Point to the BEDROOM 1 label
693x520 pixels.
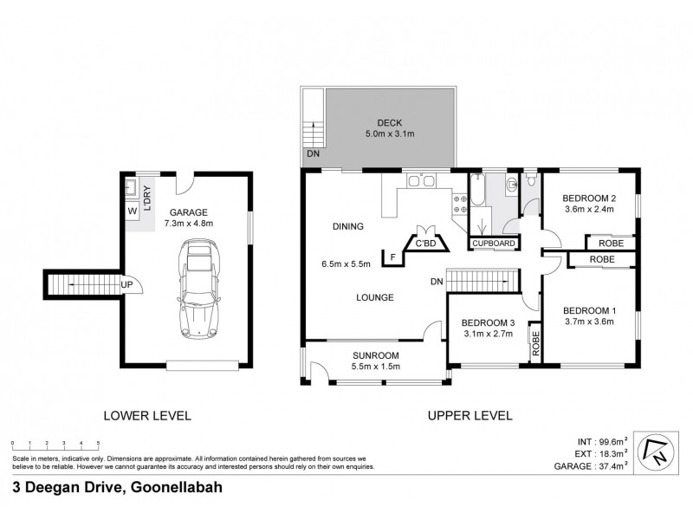pos(590,311)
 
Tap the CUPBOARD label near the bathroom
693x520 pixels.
pos(495,244)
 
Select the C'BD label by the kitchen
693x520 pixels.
pos(425,244)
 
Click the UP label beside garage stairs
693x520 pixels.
pos(126,284)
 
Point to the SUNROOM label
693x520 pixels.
pos(375,355)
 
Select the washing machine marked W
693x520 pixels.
pos(132,211)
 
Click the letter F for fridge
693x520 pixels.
pos(392,257)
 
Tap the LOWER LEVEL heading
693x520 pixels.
pos(147,415)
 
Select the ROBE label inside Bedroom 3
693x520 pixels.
pos(536,343)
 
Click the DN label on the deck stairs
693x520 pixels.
pos(311,154)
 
